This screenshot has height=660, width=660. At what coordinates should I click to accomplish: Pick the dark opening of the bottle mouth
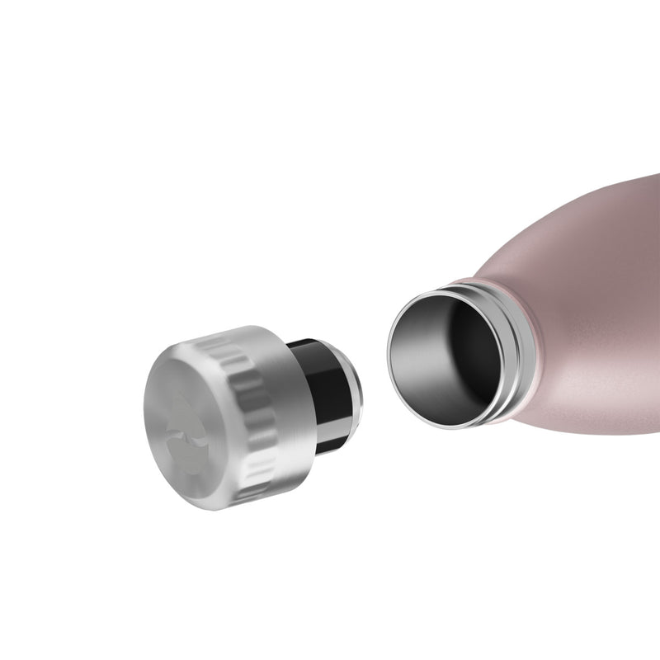pos(450,355)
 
